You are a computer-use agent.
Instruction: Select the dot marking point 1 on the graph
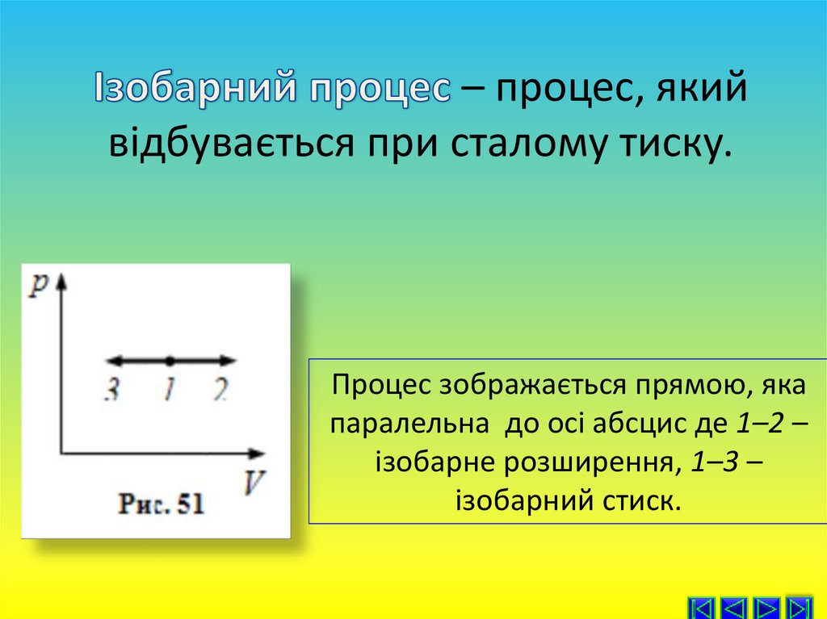coord(170,360)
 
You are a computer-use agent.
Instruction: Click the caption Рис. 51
coord(162,506)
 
